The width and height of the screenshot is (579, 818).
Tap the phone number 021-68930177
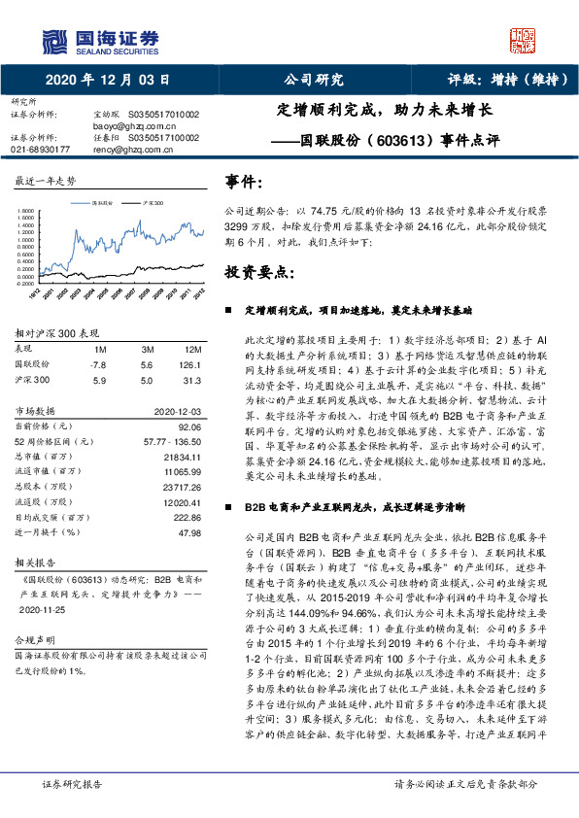(40, 150)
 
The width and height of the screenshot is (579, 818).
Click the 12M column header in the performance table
(192, 349)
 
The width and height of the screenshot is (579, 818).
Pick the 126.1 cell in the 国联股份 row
(191, 364)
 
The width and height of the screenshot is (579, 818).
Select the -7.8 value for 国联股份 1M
(97, 364)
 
